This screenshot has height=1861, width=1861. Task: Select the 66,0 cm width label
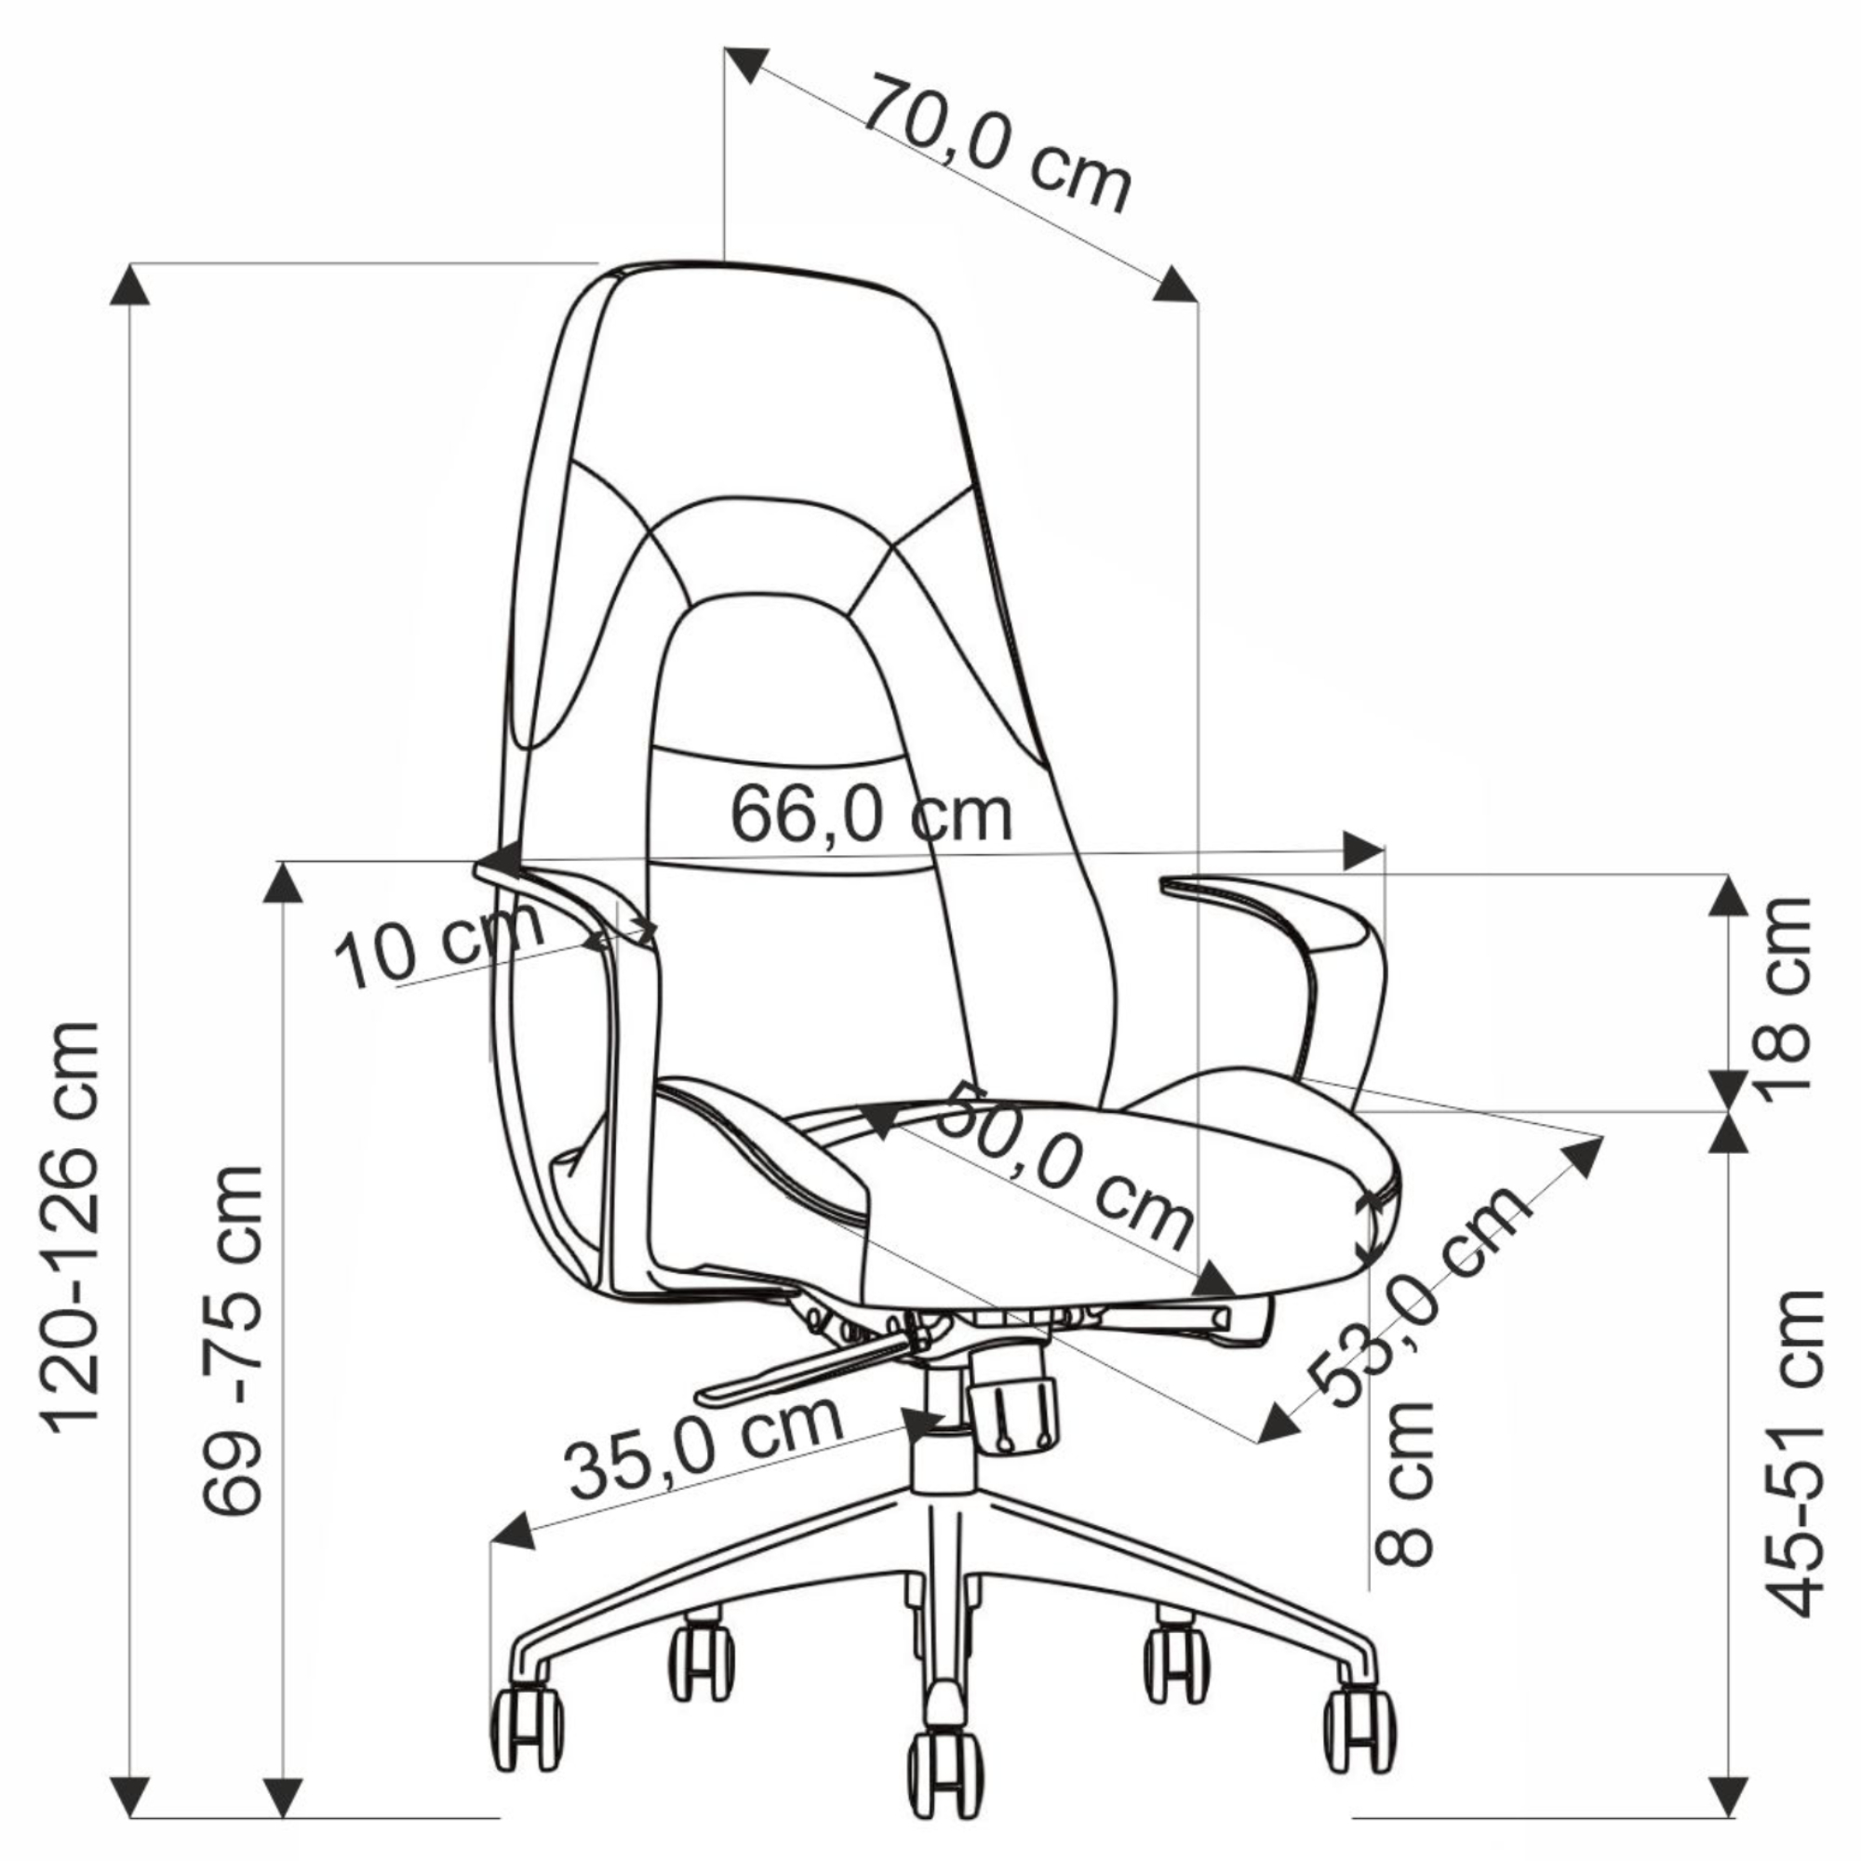pos(872,814)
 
